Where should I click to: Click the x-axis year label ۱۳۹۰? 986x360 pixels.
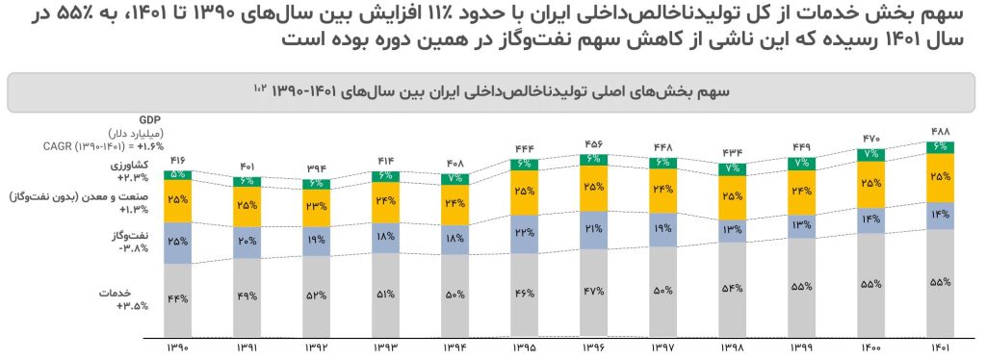pos(178,347)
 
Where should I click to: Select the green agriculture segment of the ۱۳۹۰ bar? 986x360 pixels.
pos(178,175)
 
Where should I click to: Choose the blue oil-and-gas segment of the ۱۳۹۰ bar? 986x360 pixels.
pos(178,241)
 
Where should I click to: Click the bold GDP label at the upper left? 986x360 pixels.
pos(150,119)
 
